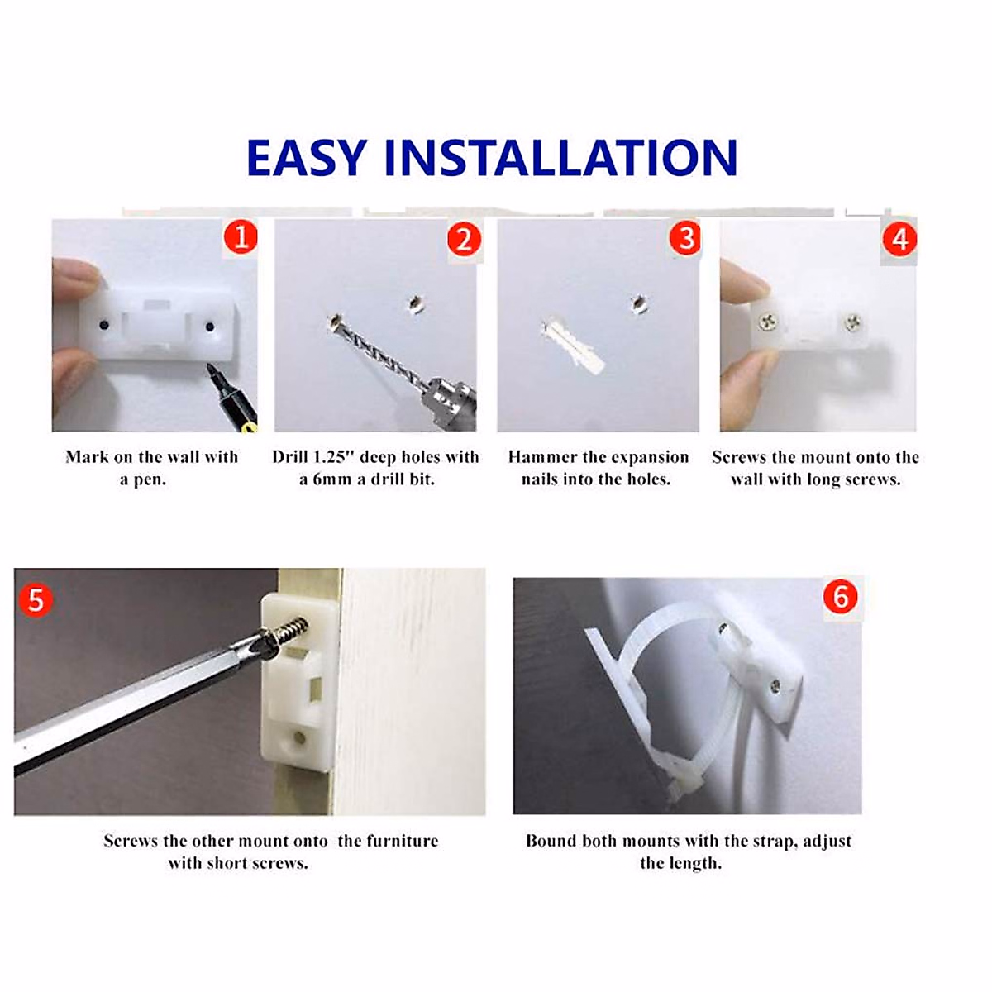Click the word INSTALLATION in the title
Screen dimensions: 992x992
[x=560, y=158]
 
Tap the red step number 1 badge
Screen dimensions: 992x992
[x=241, y=238]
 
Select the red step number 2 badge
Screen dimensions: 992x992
[x=464, y=239]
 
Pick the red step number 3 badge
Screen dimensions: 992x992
[x=685, y=238]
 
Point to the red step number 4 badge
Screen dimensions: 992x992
[x=899, y=239]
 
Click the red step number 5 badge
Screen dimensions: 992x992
[x=36, y=599]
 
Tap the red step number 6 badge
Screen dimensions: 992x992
[x=841, y=596]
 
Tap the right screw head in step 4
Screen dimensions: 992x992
[x=852, y=322]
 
